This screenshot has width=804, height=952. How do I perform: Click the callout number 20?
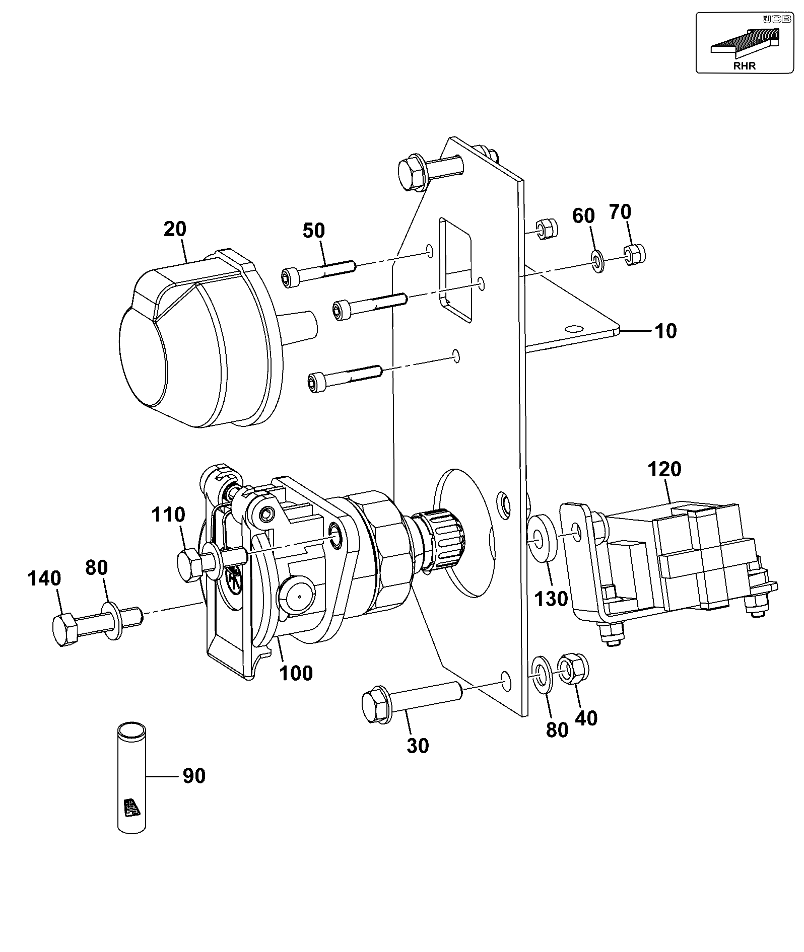pos(175,229)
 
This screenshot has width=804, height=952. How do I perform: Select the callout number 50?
pos(313,231)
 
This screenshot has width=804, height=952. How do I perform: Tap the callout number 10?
pos(665,331)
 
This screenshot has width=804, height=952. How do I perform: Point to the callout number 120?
pos(664,469)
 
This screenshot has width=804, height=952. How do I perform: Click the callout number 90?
pos(194,776)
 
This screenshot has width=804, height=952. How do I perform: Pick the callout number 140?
pos(45,579)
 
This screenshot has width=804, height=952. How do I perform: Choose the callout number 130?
pos(551,599)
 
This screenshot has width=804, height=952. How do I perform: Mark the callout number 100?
pos(296,673)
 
